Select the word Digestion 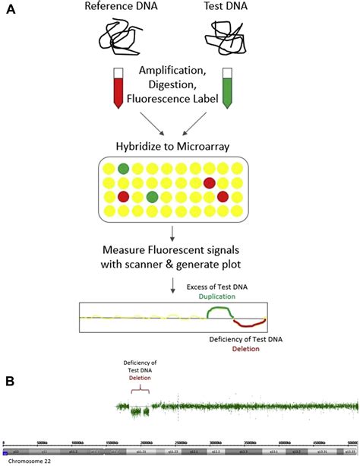pyautogui.click(x=178, y=88)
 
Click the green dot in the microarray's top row pyautogui.click(x=123, y=168)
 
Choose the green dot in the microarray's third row pyautogui.click(x=152, y=197)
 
